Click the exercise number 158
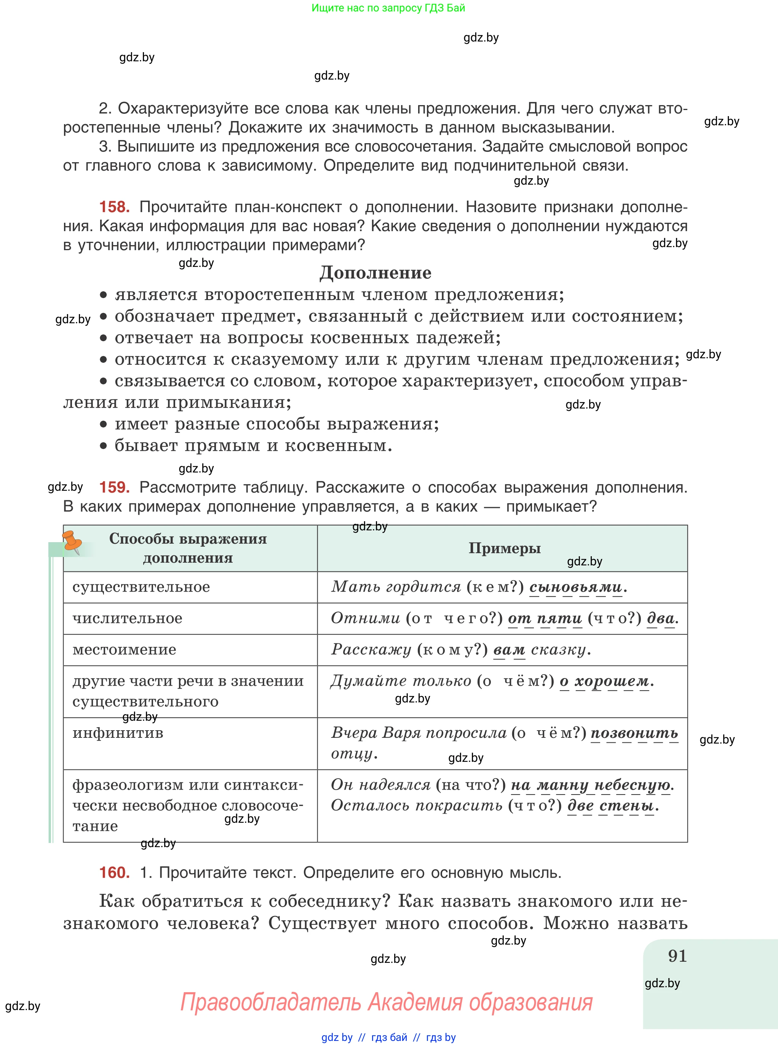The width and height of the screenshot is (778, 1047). point(114,207)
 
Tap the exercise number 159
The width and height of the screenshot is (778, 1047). point(114,487)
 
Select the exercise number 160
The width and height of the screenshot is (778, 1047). point(114,872)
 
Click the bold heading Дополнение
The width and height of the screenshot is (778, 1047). point(375,273)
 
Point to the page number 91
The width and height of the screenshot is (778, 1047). point(677,955)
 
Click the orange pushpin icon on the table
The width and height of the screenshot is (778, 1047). point(72,542)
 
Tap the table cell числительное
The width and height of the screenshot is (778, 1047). point(127,618)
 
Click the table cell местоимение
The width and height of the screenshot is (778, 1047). point(124,650)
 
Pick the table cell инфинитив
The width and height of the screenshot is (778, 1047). point(118,733)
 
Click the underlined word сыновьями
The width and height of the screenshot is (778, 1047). point(575,587)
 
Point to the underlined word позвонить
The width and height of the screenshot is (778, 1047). point(634,733)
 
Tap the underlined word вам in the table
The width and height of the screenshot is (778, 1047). point(509,650)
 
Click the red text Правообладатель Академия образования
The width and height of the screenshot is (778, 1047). point(386,1002)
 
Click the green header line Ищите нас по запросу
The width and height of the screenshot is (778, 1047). point(388,8)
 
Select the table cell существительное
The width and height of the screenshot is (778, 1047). point(141,587)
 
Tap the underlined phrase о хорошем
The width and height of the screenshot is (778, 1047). point(604,681)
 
